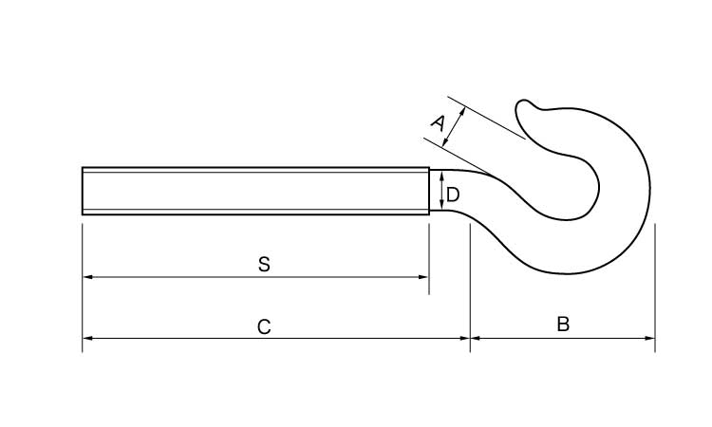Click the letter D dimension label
pyautogui.click(x=453, y=195)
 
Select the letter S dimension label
pyautogui.click(x=264, y=264)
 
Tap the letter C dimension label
pyautogui.click(x=264, y=326)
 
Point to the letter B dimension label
pyautogui.click(x=563, y=325)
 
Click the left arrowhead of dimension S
pyautogui.click(x=87, y=277)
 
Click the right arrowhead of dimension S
pyautogui.click(x=423, y=277)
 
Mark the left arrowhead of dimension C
pyautogui.click(x=87, y=338)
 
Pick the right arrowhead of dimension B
pyautogui.click(x=649, y=338)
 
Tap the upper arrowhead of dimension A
pyautogui.click(x=462, y=111)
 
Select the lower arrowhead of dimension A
pyautogui.click(x=445, y=142)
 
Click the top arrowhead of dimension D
pyautogui.click(x=441, y=176)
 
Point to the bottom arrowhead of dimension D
pyautogui.click(x=441, y=205)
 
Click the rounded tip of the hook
pyautogui.click(x=523, y=105)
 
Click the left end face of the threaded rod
pyautogui.click(x=83, y=191)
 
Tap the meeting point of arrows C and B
pyautogui.click(x=471, y=338)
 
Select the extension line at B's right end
pyautogui.click(x=655, y=288)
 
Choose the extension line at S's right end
pyautogui.click(x=429, y=259)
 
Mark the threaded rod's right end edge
pyautogui.click(x=429, y=191)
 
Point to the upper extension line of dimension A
pyautogui.click(x=486, y=118)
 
